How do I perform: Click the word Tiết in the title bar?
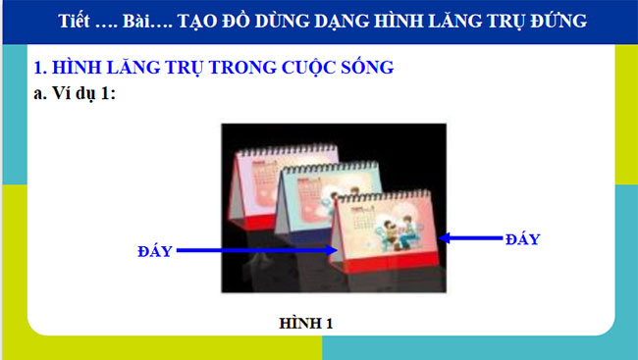pos(77,22)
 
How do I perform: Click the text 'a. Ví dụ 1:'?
pos(76,94)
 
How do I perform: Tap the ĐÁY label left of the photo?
pos(155,251)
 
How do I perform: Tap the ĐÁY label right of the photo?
pos(521,238)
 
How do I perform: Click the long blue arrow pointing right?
pos(260,250)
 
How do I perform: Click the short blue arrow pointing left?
pos(471,236)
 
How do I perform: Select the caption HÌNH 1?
pos(306,323)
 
